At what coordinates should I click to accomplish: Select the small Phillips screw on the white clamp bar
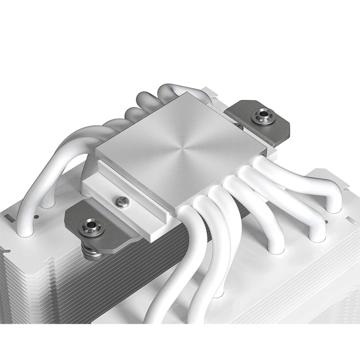(x=120, y=201)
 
